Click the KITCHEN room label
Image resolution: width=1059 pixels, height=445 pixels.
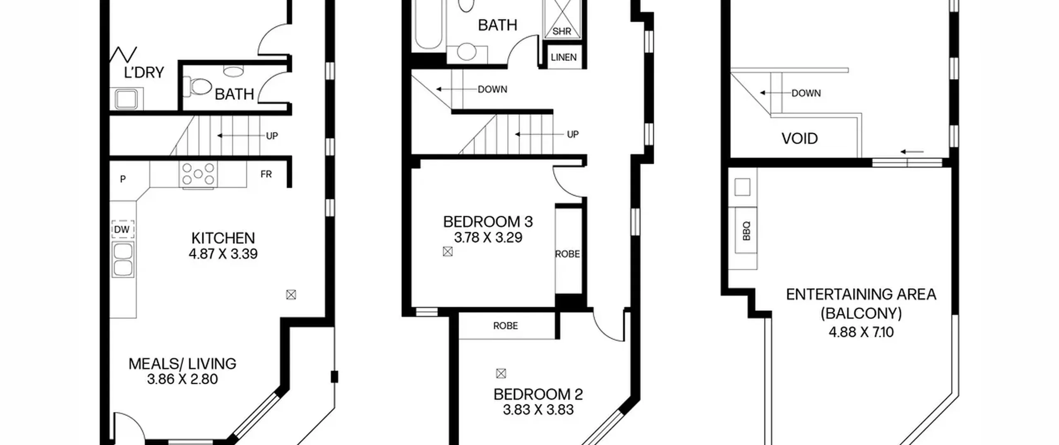click(x=223, y=238)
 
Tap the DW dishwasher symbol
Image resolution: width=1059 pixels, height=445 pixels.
click(x=122, y=229)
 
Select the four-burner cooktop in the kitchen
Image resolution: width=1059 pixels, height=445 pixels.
click(x=198, y=174)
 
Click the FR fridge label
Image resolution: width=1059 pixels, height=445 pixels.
click(x=266, y=174)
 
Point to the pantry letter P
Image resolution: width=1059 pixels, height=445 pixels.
click(x=123, y=179)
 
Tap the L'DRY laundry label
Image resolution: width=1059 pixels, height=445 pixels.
click(x=144, y=72)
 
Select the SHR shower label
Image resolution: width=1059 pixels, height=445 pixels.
click(x=562, y=31)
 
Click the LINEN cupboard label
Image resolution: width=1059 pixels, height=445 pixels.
click(x=563, y=57)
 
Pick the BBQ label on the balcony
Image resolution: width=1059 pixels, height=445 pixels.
click(x=746, y=231)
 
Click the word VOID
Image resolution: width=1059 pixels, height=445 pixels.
click(x=799, y=138)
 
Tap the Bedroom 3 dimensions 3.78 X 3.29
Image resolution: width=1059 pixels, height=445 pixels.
click(x=488, y=238)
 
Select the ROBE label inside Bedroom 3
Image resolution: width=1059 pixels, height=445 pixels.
click(x=567, y=254)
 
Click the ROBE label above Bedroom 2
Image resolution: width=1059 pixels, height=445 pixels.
click(x=506, y=326)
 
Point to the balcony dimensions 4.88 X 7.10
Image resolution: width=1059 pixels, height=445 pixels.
click(x=861, y=332)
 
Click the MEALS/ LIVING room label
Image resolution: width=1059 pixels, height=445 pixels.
click(x=182, y=363)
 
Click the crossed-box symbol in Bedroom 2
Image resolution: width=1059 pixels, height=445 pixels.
click(x=501, y=374)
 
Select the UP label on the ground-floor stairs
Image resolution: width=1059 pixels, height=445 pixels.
click(x=272, y=136)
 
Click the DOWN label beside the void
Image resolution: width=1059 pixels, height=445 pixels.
click(x=806, y=93)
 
